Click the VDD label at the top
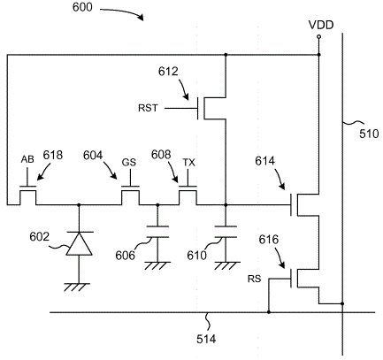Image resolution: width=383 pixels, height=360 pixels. (321, 25)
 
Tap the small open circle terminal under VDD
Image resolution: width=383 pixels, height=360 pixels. (318, 37)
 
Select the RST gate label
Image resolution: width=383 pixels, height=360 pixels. (148, 108)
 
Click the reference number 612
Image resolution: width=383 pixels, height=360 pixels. (168, 72)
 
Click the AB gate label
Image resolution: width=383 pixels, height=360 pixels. (27, 159)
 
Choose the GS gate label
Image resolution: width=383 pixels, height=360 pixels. (129, 162)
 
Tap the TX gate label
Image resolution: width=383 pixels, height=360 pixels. (188, 162)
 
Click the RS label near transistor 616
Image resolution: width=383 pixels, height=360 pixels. (254, 279)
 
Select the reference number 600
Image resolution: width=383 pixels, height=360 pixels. (82, 7)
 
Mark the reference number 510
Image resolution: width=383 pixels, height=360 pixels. (369, 134)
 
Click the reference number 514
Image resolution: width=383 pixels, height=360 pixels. (206, 339)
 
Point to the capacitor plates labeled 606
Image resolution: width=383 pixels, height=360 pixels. (157, 232)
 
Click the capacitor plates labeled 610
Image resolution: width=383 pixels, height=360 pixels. (226, 232)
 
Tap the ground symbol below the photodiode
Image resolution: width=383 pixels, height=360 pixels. (77, 287)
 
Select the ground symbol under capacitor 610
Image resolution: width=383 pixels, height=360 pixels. (226, 266)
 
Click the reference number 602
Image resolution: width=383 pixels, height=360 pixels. (39, 237)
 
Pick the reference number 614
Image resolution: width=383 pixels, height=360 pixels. (264, 161)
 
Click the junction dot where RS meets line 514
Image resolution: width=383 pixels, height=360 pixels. (269, 312)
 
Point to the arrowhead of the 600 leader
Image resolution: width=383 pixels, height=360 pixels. (142, 18)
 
